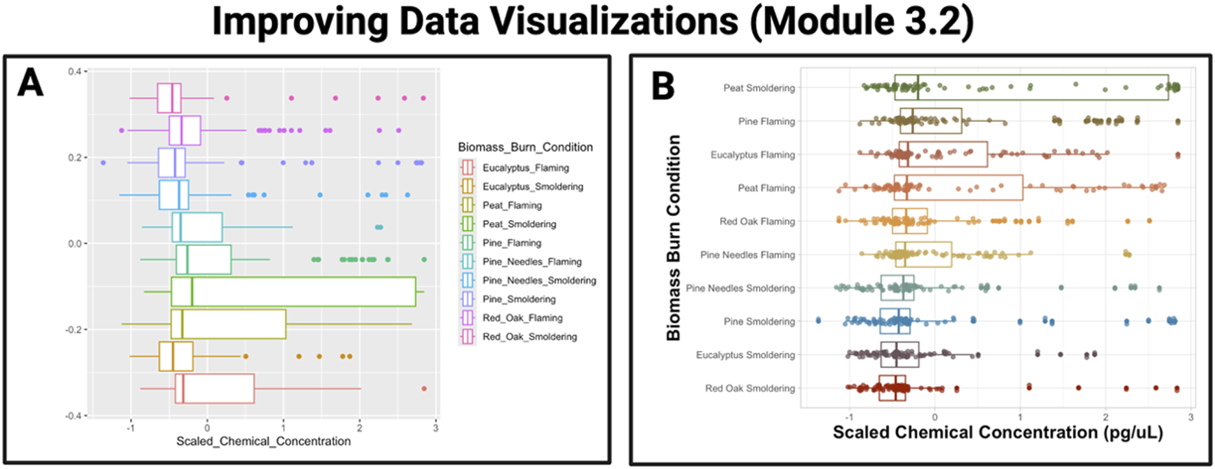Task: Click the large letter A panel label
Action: [31, 83]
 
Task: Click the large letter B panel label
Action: [663, 87]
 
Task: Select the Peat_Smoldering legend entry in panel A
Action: [519, 224]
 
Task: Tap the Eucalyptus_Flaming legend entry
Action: [525, 168]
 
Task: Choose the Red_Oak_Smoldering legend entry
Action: [529, 337]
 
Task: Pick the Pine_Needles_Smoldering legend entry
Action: [539, 280]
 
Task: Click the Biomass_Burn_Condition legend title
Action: [525, 147]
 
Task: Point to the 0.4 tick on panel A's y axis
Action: [76, 71]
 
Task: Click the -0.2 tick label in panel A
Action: [75, 330]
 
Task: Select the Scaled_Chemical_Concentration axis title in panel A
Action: [263, 441]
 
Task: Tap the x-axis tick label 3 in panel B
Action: [1191, 418]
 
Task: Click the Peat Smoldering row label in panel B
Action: [759, 88]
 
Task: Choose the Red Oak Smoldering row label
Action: [750, 388]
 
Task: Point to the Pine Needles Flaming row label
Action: [747, 255]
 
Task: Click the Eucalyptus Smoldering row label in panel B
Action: [745, 355]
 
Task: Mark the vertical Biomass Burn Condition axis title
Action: [673, 237]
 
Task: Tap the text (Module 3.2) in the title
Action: [861, 22]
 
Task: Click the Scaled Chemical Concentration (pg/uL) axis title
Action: [998, 433]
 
